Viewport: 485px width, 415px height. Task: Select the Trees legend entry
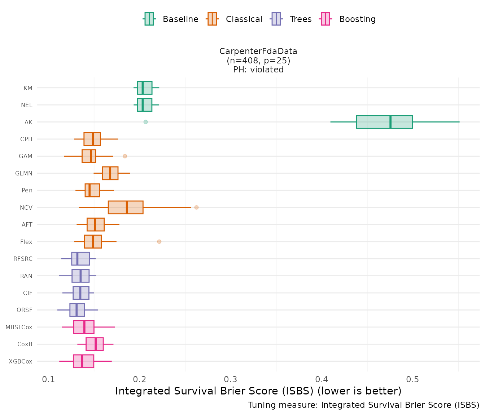point(291,19)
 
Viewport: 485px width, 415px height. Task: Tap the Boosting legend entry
point(348,19)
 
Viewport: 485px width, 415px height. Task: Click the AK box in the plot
point(384,122)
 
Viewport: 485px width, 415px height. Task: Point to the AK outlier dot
point(145,122)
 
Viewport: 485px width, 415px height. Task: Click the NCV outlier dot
point(196,207)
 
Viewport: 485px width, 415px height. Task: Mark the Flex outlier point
point(159,241)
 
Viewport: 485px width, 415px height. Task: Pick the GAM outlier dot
point(125,156)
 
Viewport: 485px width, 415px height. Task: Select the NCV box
point(126,207)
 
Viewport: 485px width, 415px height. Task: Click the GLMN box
point(110,173)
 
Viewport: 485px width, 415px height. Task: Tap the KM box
point(144,88)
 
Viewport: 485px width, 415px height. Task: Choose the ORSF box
point(77,310)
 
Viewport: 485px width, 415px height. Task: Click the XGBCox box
point(83,361)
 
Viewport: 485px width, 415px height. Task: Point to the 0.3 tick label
point(231,380)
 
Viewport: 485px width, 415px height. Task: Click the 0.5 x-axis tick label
point(413,380)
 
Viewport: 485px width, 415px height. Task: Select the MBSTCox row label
point(19,327)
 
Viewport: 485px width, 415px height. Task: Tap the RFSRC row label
point(23,259)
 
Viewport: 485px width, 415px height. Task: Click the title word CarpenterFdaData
point(258,52)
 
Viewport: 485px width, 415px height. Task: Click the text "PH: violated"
point(258,70)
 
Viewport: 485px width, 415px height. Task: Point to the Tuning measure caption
point(364,405)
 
